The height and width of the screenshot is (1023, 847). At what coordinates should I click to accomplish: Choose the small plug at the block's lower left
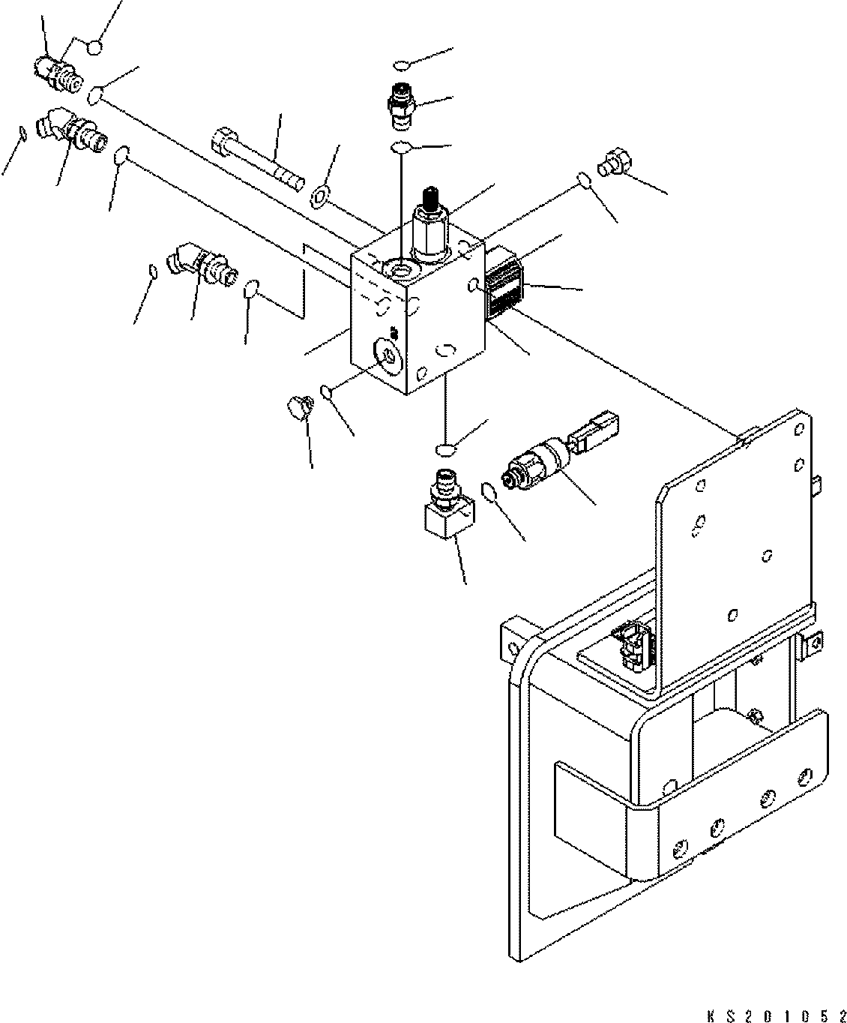point(299,408)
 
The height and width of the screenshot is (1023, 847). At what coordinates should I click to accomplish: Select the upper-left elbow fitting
point(65,128)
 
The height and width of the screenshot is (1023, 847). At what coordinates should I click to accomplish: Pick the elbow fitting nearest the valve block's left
point(199,265)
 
